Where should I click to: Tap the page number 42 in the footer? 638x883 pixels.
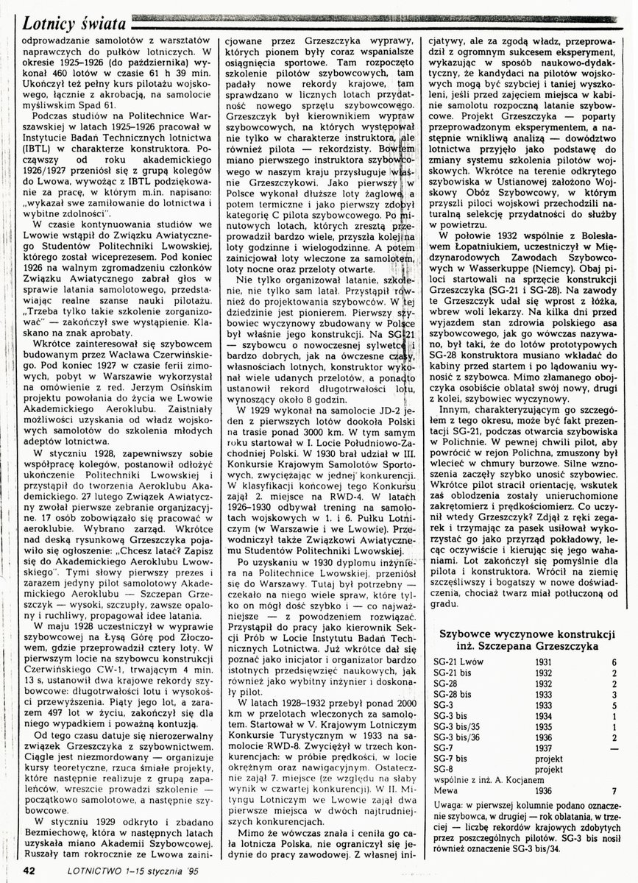pyautogui.click(x=30, y=870)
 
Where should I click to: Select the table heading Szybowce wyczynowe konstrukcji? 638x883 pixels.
pyautogui.click(x=526, y=634)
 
